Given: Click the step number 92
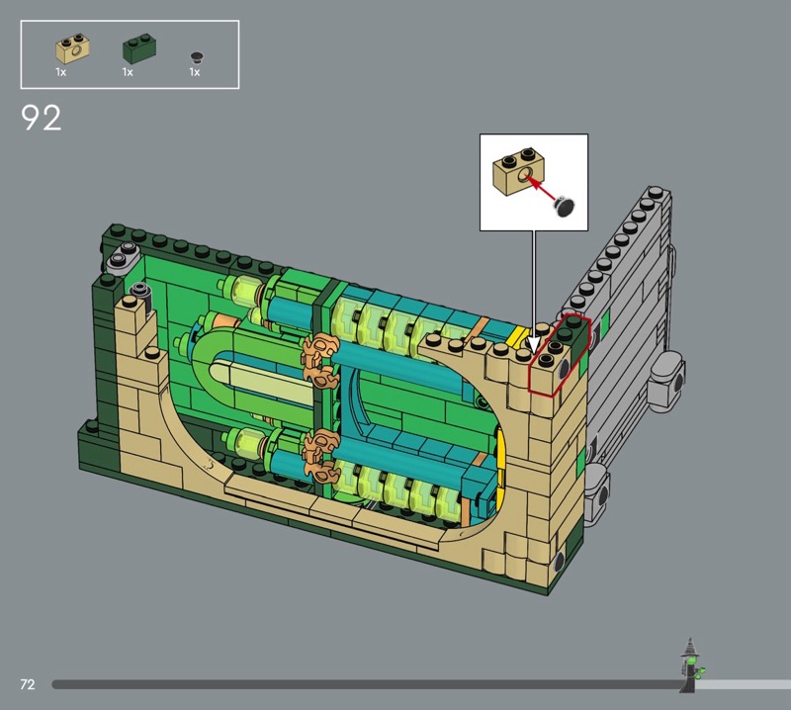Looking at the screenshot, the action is point(42,118).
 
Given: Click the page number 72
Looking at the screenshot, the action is point(28,684).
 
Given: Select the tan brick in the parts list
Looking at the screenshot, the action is point(73,48).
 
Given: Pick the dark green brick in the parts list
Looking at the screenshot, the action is point(139,48).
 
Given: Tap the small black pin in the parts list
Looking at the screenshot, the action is point(197,56).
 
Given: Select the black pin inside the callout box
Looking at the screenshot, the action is point(564,207).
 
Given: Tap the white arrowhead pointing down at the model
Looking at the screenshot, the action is point(534,346).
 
